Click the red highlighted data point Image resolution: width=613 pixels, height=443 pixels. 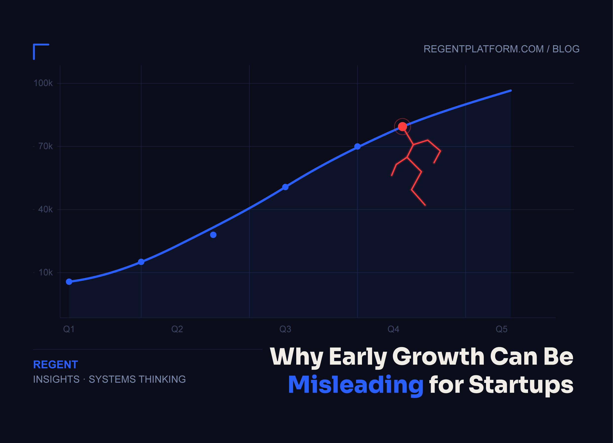pos(402,127)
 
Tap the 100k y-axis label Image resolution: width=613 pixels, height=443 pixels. pos(43,83)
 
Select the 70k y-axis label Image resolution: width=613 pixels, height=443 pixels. pos(45,146)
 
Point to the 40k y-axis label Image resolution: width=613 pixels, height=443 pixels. pos(45,209)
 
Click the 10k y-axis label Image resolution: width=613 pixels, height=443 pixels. pos(45,272)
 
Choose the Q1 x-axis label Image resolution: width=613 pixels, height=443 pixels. pos(69,329)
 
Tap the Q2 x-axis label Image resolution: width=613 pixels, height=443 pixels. pos(177,329)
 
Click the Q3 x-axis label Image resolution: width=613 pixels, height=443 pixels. pos(285,329)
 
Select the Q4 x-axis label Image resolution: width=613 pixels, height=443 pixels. pos(393,329)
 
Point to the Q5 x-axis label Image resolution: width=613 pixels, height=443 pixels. pos(501,329)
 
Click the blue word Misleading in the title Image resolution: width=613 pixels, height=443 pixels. pos(356,385)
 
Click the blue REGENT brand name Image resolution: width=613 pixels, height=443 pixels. pos(55,365)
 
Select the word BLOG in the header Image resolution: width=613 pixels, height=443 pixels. pos(566,49)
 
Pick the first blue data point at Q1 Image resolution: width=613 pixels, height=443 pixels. pos(69,282)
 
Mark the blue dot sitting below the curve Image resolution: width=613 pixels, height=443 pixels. pos(213,235)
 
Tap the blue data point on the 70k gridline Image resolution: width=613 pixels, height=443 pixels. pos(357,146)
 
